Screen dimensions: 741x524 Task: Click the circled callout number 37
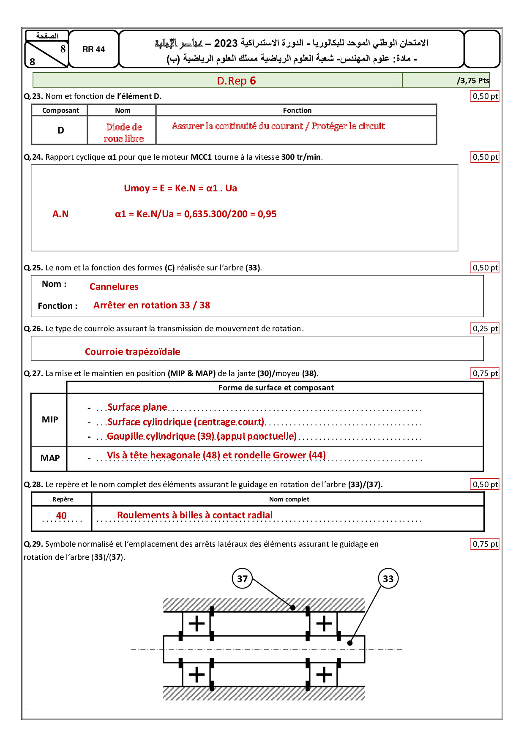tap(242, 579)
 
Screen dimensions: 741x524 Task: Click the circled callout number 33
tap(388, 579)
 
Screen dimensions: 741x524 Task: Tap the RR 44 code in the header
tap(93, 49)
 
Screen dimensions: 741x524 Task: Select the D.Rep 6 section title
tap(236, 81)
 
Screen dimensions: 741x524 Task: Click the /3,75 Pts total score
tap(473, 81)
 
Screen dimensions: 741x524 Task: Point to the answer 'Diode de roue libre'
tap(124, 133)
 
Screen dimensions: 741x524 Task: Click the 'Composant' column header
tap(60, 110)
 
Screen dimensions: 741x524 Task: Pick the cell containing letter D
tap(60, 131)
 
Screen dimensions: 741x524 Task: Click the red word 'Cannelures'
tap(114, 286)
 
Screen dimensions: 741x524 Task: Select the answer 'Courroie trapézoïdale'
tap(132, 351)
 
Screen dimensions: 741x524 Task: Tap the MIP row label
tap(50, 420)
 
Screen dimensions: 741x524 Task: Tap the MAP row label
tap(50, 458)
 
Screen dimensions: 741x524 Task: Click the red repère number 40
tap(61, 515)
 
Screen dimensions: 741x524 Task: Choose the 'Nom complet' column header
tap(289, 499)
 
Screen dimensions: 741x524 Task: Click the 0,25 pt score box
tap(485, 329)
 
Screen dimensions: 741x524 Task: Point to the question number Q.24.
tap(33, 157)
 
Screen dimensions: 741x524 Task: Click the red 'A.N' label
tap(60, 214)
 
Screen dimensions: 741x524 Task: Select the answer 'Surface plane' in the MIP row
tap(137, 407)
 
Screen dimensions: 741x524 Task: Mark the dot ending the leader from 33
tap(349, 643)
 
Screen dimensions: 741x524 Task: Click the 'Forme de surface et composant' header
tap(276, 388)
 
